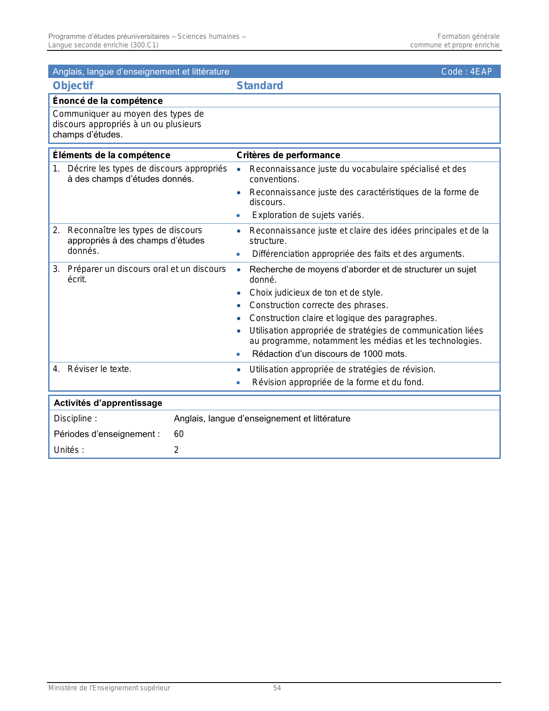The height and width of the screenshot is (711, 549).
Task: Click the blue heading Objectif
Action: click(x=73, y=86)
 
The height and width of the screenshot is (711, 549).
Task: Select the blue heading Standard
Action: click(x=260, y=86)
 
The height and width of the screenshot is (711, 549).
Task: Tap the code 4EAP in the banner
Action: click(x=481, y=72)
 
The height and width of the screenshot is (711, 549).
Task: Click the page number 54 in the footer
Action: click(x=277, y=688)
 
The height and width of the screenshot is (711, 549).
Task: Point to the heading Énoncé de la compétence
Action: click(x=108, y=101)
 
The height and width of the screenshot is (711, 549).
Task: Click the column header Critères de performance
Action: click(x=288, y=155)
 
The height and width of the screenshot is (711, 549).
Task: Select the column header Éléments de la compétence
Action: click(x=112, y=155)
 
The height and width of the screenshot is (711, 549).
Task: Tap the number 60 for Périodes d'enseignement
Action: click(x=179, y=434)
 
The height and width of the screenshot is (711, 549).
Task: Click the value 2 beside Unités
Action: click(x=177, y=450)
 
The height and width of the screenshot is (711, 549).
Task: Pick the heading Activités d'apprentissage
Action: click(x=108, y=403)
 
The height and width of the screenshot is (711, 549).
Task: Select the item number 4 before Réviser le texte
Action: click(x=56, y=369)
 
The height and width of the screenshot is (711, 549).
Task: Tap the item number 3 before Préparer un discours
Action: click(x=56, y=269)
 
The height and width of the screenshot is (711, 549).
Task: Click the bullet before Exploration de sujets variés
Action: click(x=239, y=215)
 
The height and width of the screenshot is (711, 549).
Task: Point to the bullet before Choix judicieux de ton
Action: click(x=239, y=293)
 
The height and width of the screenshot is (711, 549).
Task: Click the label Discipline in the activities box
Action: click(x=73, y=418)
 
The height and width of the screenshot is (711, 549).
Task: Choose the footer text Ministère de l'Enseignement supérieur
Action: click(x=109, y=688)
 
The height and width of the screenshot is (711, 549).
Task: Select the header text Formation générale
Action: click(x=468, y=37)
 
